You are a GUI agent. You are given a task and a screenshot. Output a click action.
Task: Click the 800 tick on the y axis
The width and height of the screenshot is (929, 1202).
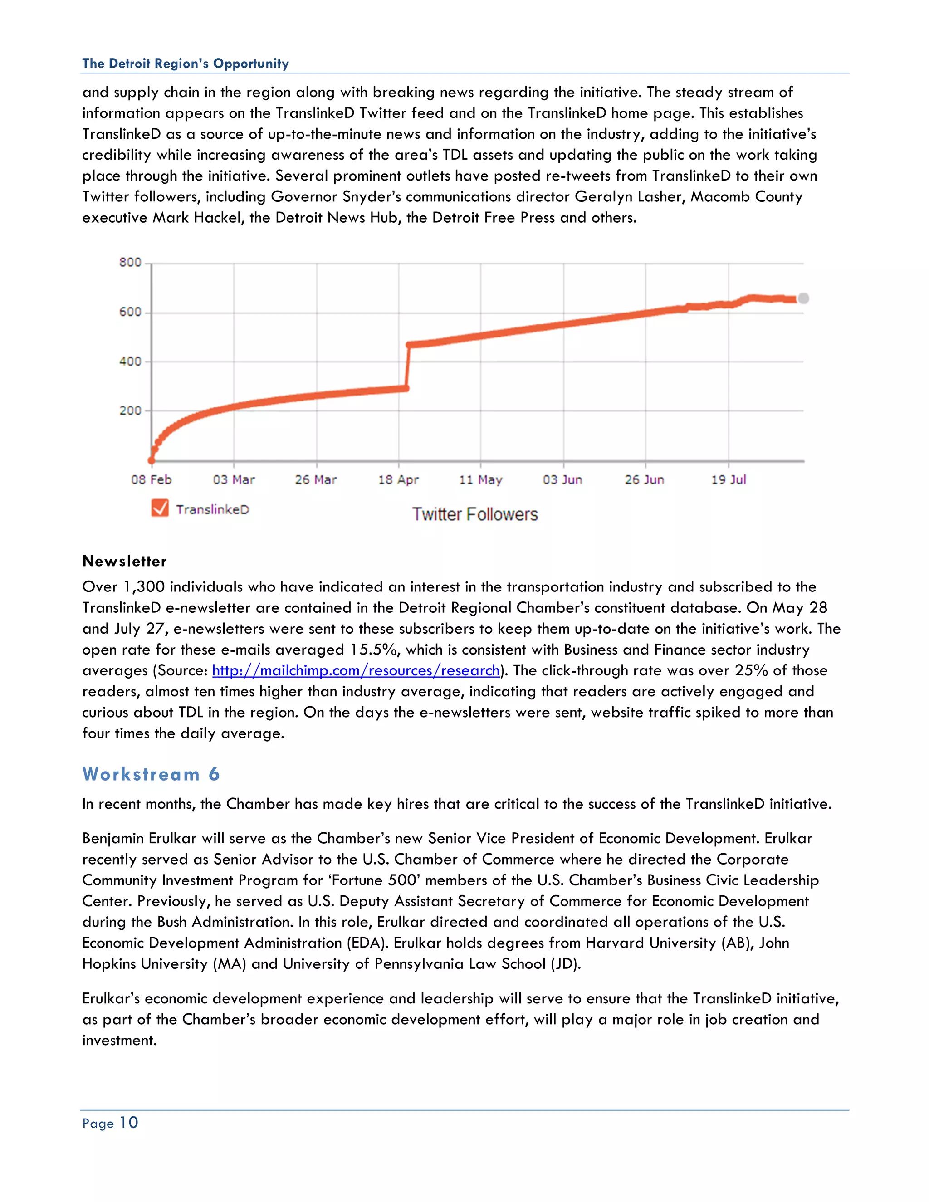click(131, 263)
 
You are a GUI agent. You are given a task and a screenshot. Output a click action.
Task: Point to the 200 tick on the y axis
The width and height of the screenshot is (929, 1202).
click(131, 410)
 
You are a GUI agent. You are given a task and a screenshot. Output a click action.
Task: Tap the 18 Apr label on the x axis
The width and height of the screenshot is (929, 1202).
click(398, 479)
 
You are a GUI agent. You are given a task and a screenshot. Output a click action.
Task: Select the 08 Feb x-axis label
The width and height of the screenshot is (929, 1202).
click(152, 479)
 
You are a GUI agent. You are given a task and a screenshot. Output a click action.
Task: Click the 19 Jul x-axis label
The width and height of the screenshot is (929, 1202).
click(728, 479)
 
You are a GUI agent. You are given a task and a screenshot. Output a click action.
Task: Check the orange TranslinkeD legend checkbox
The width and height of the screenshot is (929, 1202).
click(160, 508)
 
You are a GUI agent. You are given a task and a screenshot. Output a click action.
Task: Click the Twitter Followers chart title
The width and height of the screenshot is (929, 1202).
click(475, 514)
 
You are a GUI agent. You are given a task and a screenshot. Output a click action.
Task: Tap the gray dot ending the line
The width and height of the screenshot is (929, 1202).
click(803, 298)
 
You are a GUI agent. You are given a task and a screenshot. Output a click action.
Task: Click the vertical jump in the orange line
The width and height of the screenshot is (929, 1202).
click(407, 366)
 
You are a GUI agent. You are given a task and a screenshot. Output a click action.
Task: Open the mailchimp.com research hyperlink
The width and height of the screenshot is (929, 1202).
click(356, 670)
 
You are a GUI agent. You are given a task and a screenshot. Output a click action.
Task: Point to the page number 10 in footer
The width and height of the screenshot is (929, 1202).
click(129, 1123)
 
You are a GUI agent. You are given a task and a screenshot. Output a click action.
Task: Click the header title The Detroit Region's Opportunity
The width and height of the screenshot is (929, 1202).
click(186, 64)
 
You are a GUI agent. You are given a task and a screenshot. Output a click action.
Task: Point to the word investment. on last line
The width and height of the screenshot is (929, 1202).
click(119, 1040)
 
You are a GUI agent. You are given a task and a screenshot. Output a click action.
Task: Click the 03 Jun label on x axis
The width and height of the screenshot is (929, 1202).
click(562, 479)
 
